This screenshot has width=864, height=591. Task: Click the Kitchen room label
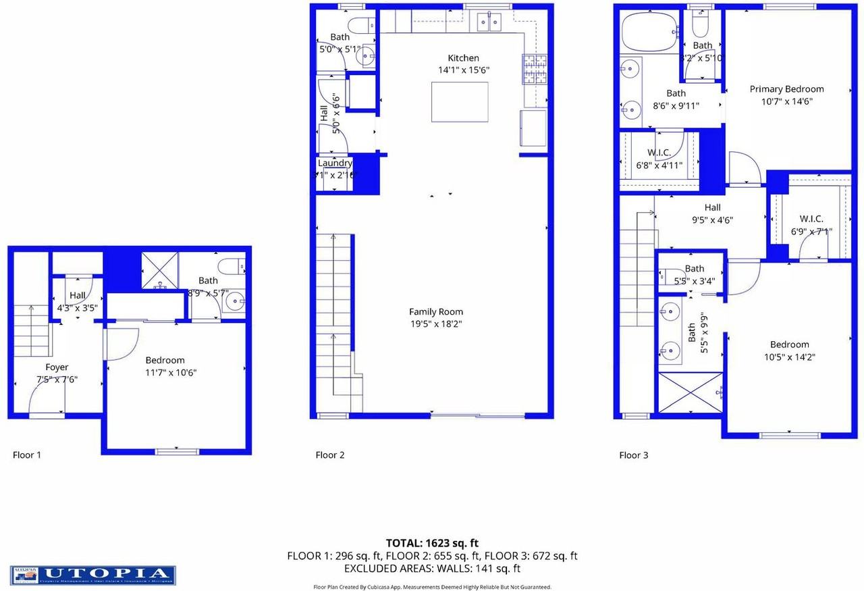[x=463, y=58]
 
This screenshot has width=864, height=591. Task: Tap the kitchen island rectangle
[x=460, y=101]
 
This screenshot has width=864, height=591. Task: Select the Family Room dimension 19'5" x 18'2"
[x=436, y=324]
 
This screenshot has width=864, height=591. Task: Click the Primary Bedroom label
[x=786, y=89]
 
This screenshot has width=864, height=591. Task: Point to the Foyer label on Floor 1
[x=57, y=367]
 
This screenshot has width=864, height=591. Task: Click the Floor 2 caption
[x=330, y=455]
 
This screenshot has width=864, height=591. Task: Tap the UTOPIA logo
[x=93, y=575]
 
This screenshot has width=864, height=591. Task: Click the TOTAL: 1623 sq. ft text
[x=432, y=542]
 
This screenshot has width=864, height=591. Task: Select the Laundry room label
[x=335, y=163]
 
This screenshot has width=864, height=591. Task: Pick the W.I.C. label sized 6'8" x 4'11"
[x=659, y=153]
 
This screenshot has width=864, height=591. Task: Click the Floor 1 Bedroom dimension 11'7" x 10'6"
[x=165, y=372]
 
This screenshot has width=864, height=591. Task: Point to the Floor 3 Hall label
[x=712, y=207]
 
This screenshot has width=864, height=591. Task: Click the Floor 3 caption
[x=633, y=455]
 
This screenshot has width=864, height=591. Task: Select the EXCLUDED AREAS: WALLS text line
[x=432, y=569]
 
